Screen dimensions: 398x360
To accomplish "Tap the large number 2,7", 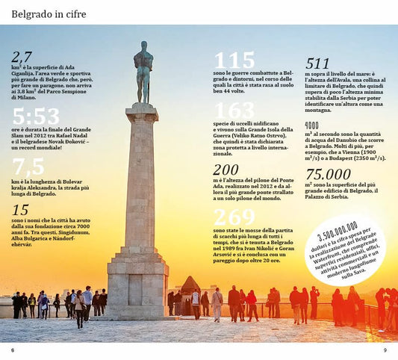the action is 22,56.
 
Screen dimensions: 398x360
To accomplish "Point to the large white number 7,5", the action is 28,166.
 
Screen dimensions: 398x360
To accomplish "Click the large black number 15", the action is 20,210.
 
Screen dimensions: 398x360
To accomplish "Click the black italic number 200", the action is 226,170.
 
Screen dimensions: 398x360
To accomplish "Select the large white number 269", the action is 234,217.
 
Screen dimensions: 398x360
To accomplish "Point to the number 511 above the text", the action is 317,63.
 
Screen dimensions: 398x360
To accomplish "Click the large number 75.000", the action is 329,174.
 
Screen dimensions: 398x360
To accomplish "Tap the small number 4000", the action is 312,125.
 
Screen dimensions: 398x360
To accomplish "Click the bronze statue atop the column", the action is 143,71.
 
